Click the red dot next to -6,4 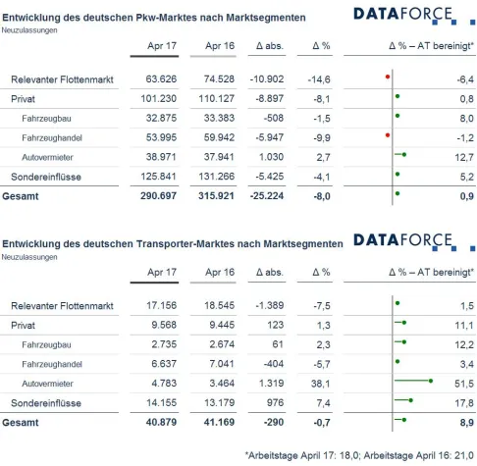click(x=388, y=77)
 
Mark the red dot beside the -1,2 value click(x=388, y=134)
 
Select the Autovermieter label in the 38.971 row click(x=48, y=156)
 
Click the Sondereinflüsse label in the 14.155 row click(x=47, y=401)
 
